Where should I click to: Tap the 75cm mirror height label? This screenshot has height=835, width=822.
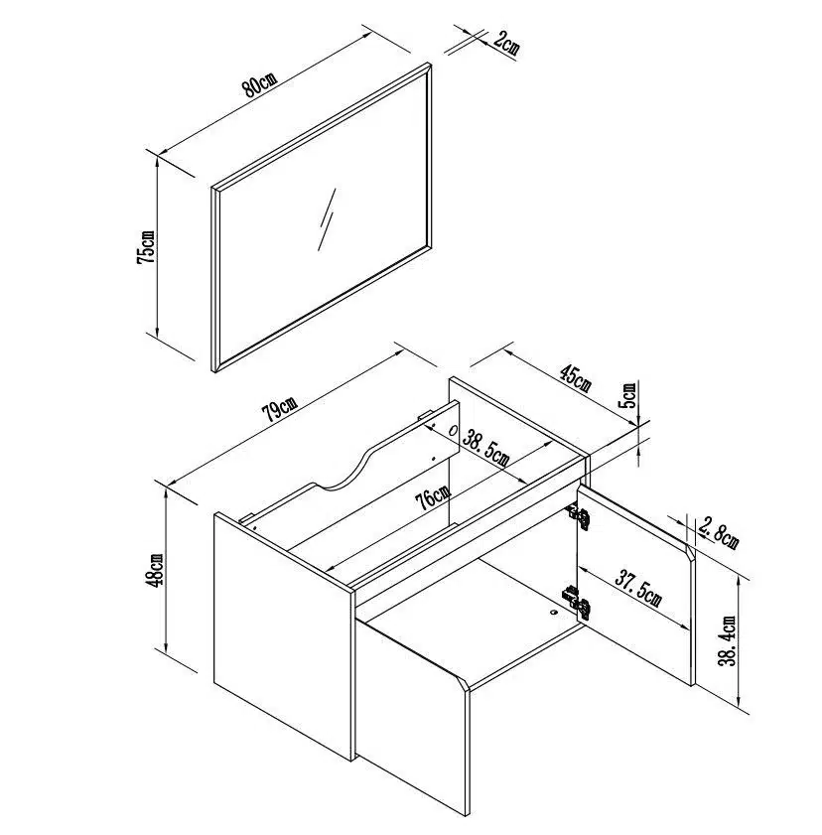[x=145, y=247]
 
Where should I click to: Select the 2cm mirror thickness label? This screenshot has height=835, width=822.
[x=504, y=44]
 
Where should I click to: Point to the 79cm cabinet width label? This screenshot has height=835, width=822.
[x=280, y=408]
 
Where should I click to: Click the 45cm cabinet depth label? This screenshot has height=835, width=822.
[x=576, y=377]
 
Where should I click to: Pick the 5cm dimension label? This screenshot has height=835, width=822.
[x=629, y=394]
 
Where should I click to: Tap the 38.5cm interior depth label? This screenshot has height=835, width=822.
[x=485, y=448]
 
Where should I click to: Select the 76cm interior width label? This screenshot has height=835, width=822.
[x=432, y=498]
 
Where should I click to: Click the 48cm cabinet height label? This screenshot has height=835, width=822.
[x=155, y=570]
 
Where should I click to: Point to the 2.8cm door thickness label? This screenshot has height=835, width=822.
[x=719, y=533]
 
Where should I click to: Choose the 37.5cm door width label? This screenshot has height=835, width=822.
[x=638, y=588]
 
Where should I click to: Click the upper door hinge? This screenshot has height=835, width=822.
[x=578, y=515]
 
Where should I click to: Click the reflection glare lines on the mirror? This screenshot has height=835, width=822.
[x=327, y=219]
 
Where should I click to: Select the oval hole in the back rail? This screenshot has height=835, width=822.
[x=453, y=430]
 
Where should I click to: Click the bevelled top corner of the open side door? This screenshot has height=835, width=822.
[x=690, y=552]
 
